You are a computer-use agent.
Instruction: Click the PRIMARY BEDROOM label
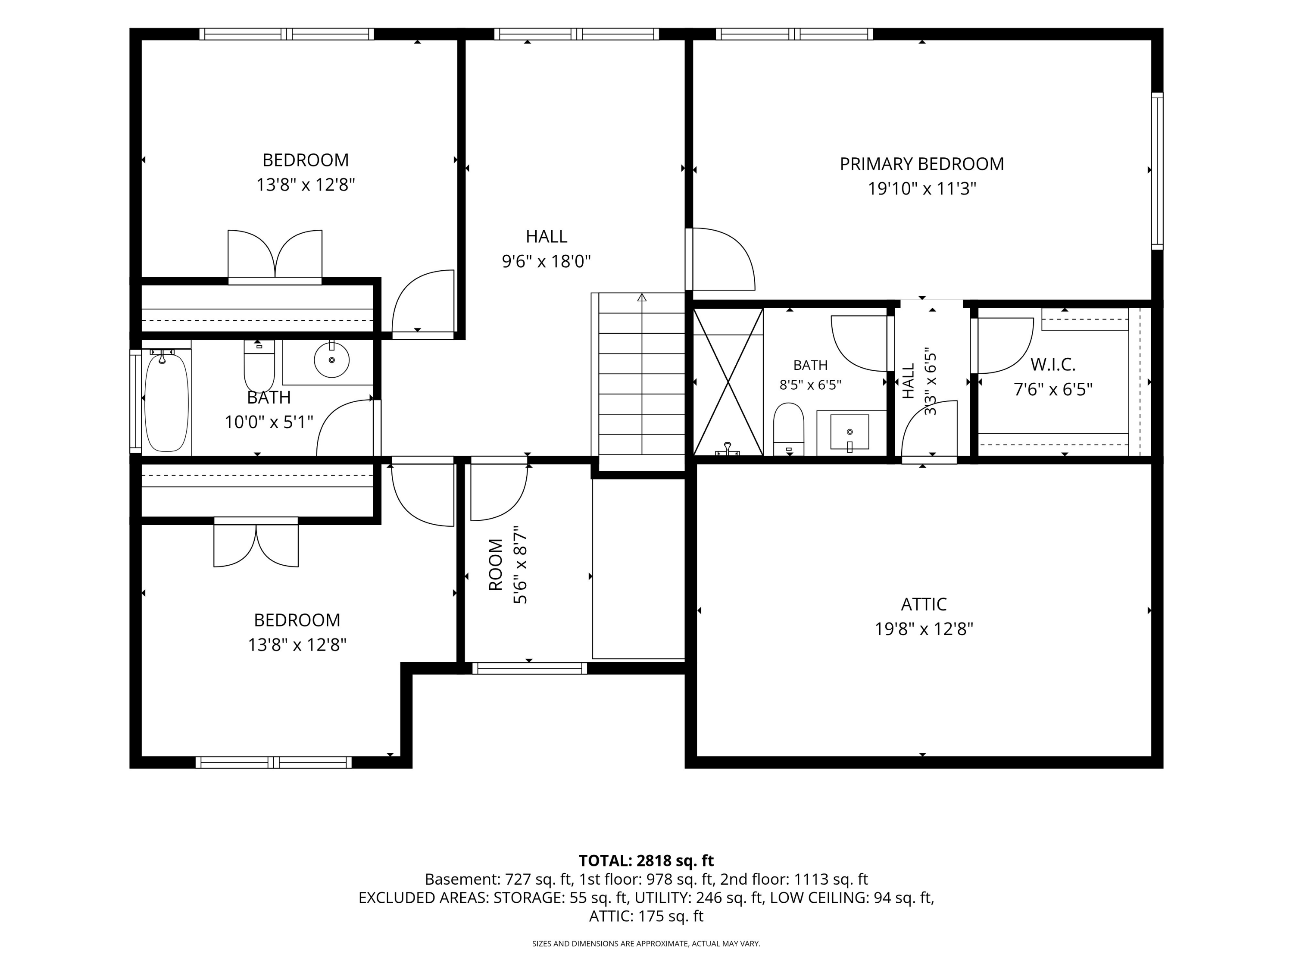[x=922, y=164]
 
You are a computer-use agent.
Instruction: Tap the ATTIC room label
[x=924, y=604]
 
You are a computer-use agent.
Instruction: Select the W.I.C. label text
[x=1053, y=364]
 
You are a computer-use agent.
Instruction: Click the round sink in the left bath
[x=331, y=360]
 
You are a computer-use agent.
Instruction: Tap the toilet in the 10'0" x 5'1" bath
[x=259, y=366]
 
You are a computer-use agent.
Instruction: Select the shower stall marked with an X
[x=728, y=382]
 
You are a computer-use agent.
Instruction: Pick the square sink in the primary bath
[x=850, y=432]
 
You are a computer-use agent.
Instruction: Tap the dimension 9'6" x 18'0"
[x=547, y=261]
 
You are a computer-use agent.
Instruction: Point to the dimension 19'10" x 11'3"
[x=922, y=189]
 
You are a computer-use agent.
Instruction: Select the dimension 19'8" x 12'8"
[x=924, y=629]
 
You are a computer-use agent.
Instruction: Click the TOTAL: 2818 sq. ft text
[x=646, y=860]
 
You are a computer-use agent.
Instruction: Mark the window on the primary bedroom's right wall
[x=1157, y=171]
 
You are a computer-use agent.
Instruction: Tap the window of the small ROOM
[x=529, y=668]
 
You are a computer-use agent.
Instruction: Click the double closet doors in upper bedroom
[x=275, y=254]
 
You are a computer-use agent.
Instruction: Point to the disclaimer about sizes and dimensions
[x=646, y=944]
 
